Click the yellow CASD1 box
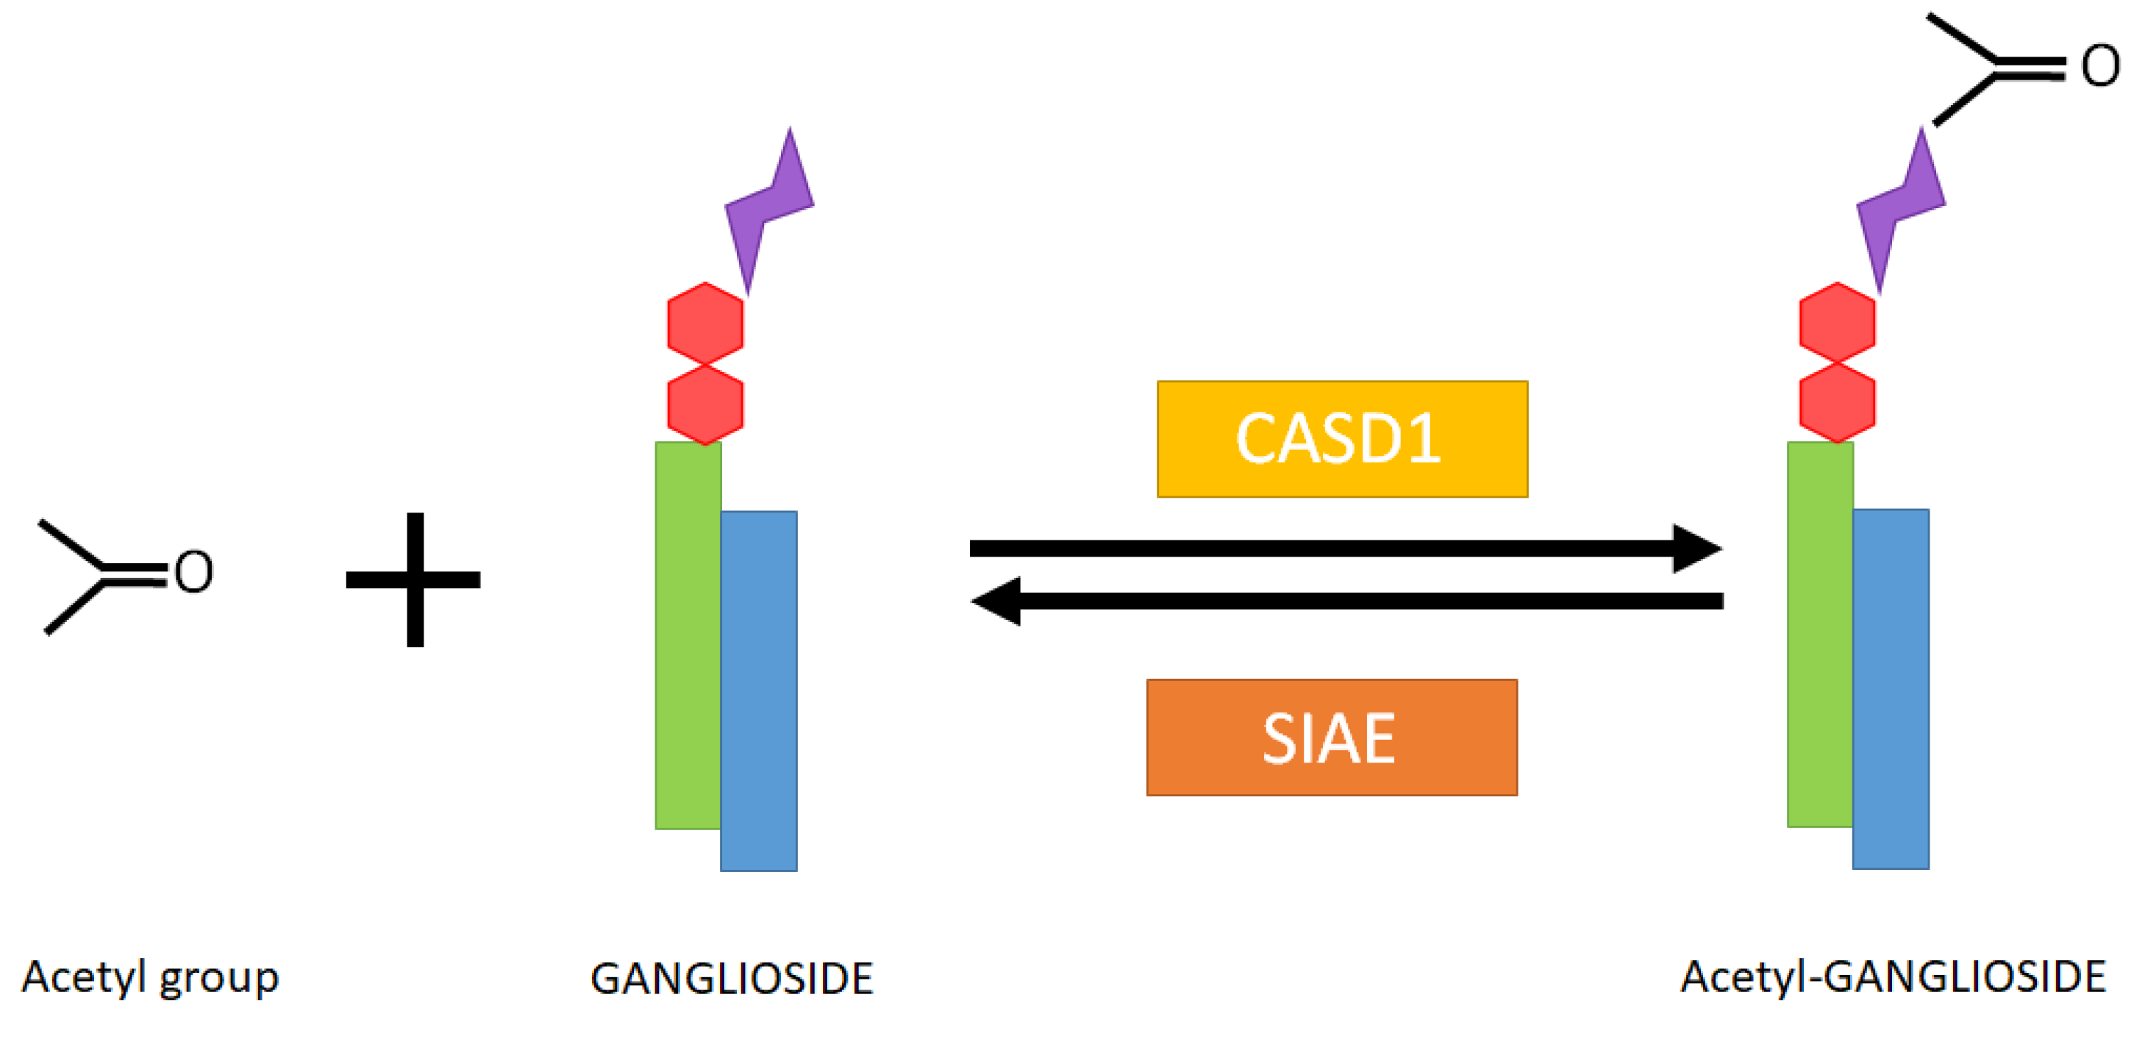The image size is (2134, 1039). click(1342, 439)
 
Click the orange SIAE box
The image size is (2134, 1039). click(1331, 738)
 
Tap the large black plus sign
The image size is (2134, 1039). click(414, 579)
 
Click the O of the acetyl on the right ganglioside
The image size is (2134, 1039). click(2100, 66)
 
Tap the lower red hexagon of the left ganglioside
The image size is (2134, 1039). click(705, 404)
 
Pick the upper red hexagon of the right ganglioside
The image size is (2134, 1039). click(1837, 323)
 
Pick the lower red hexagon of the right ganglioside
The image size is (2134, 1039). click(1837, 403)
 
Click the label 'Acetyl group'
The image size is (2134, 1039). click(150, 979)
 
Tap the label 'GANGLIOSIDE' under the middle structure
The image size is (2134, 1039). click(732, 979)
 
